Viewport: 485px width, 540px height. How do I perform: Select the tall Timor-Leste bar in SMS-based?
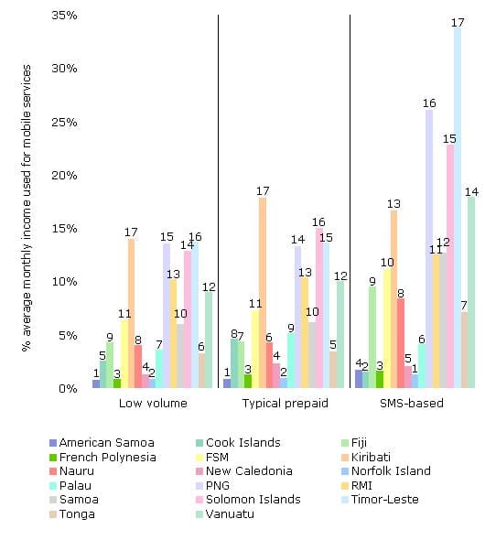(x=458, y=211)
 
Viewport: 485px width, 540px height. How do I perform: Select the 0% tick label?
(x=68, y=388)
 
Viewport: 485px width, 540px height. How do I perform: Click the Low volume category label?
(x=153, y=404)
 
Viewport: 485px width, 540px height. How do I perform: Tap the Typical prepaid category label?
(x=285, y=404)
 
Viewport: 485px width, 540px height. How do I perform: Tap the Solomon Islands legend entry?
(x=259, y=500)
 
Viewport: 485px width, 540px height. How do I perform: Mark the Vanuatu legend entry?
(x=248, y=514)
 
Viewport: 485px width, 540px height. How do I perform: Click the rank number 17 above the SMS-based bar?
(x=458, y=19)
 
